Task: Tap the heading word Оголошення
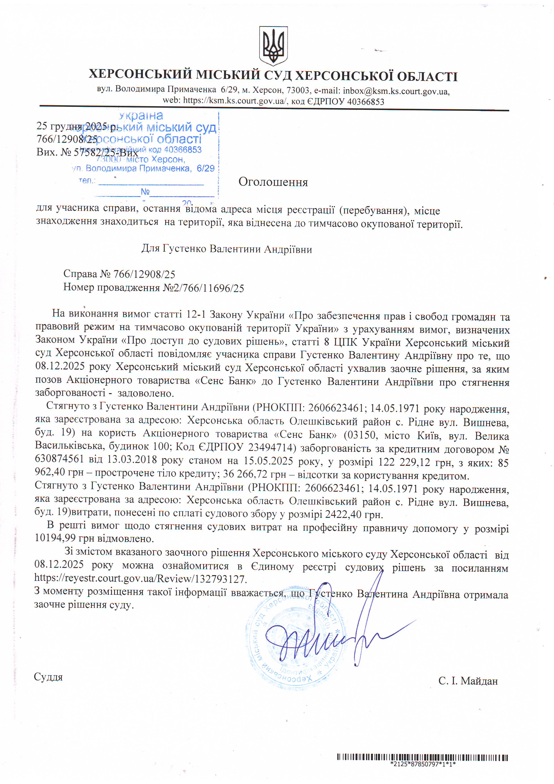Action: (x=273, y=182)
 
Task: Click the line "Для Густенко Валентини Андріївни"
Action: (x=227, y=249)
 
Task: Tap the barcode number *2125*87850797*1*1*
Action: (x=423, y=764)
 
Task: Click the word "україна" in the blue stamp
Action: (x=141, y=116)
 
